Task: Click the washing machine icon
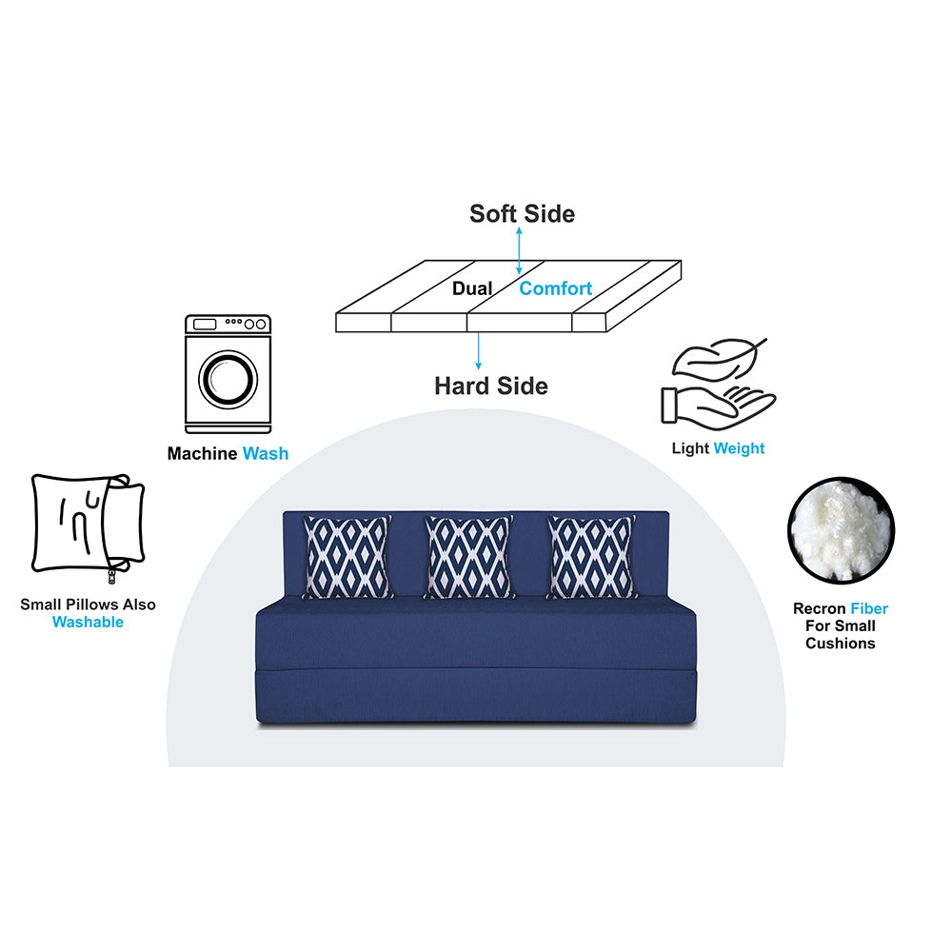(228, 374)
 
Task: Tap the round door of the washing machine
(228, 380)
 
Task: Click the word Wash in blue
(266, 453)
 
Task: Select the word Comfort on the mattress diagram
(556, 288)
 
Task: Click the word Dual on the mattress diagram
(472, 288)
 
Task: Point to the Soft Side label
(522, 213)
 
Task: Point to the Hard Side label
(491, 386)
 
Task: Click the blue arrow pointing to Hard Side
(479, 351)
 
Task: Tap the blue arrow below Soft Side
(519, 250)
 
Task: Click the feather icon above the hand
(720, 360)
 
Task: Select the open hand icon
(718, 407)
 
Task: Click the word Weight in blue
(739, 448)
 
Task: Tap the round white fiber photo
(841, 530)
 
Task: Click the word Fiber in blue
(869, 608)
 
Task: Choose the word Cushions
(841, 644)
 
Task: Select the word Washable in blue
(88, 622)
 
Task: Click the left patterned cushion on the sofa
(347, 557)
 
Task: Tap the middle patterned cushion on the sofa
(468, 557)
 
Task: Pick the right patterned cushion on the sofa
(591, 557)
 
